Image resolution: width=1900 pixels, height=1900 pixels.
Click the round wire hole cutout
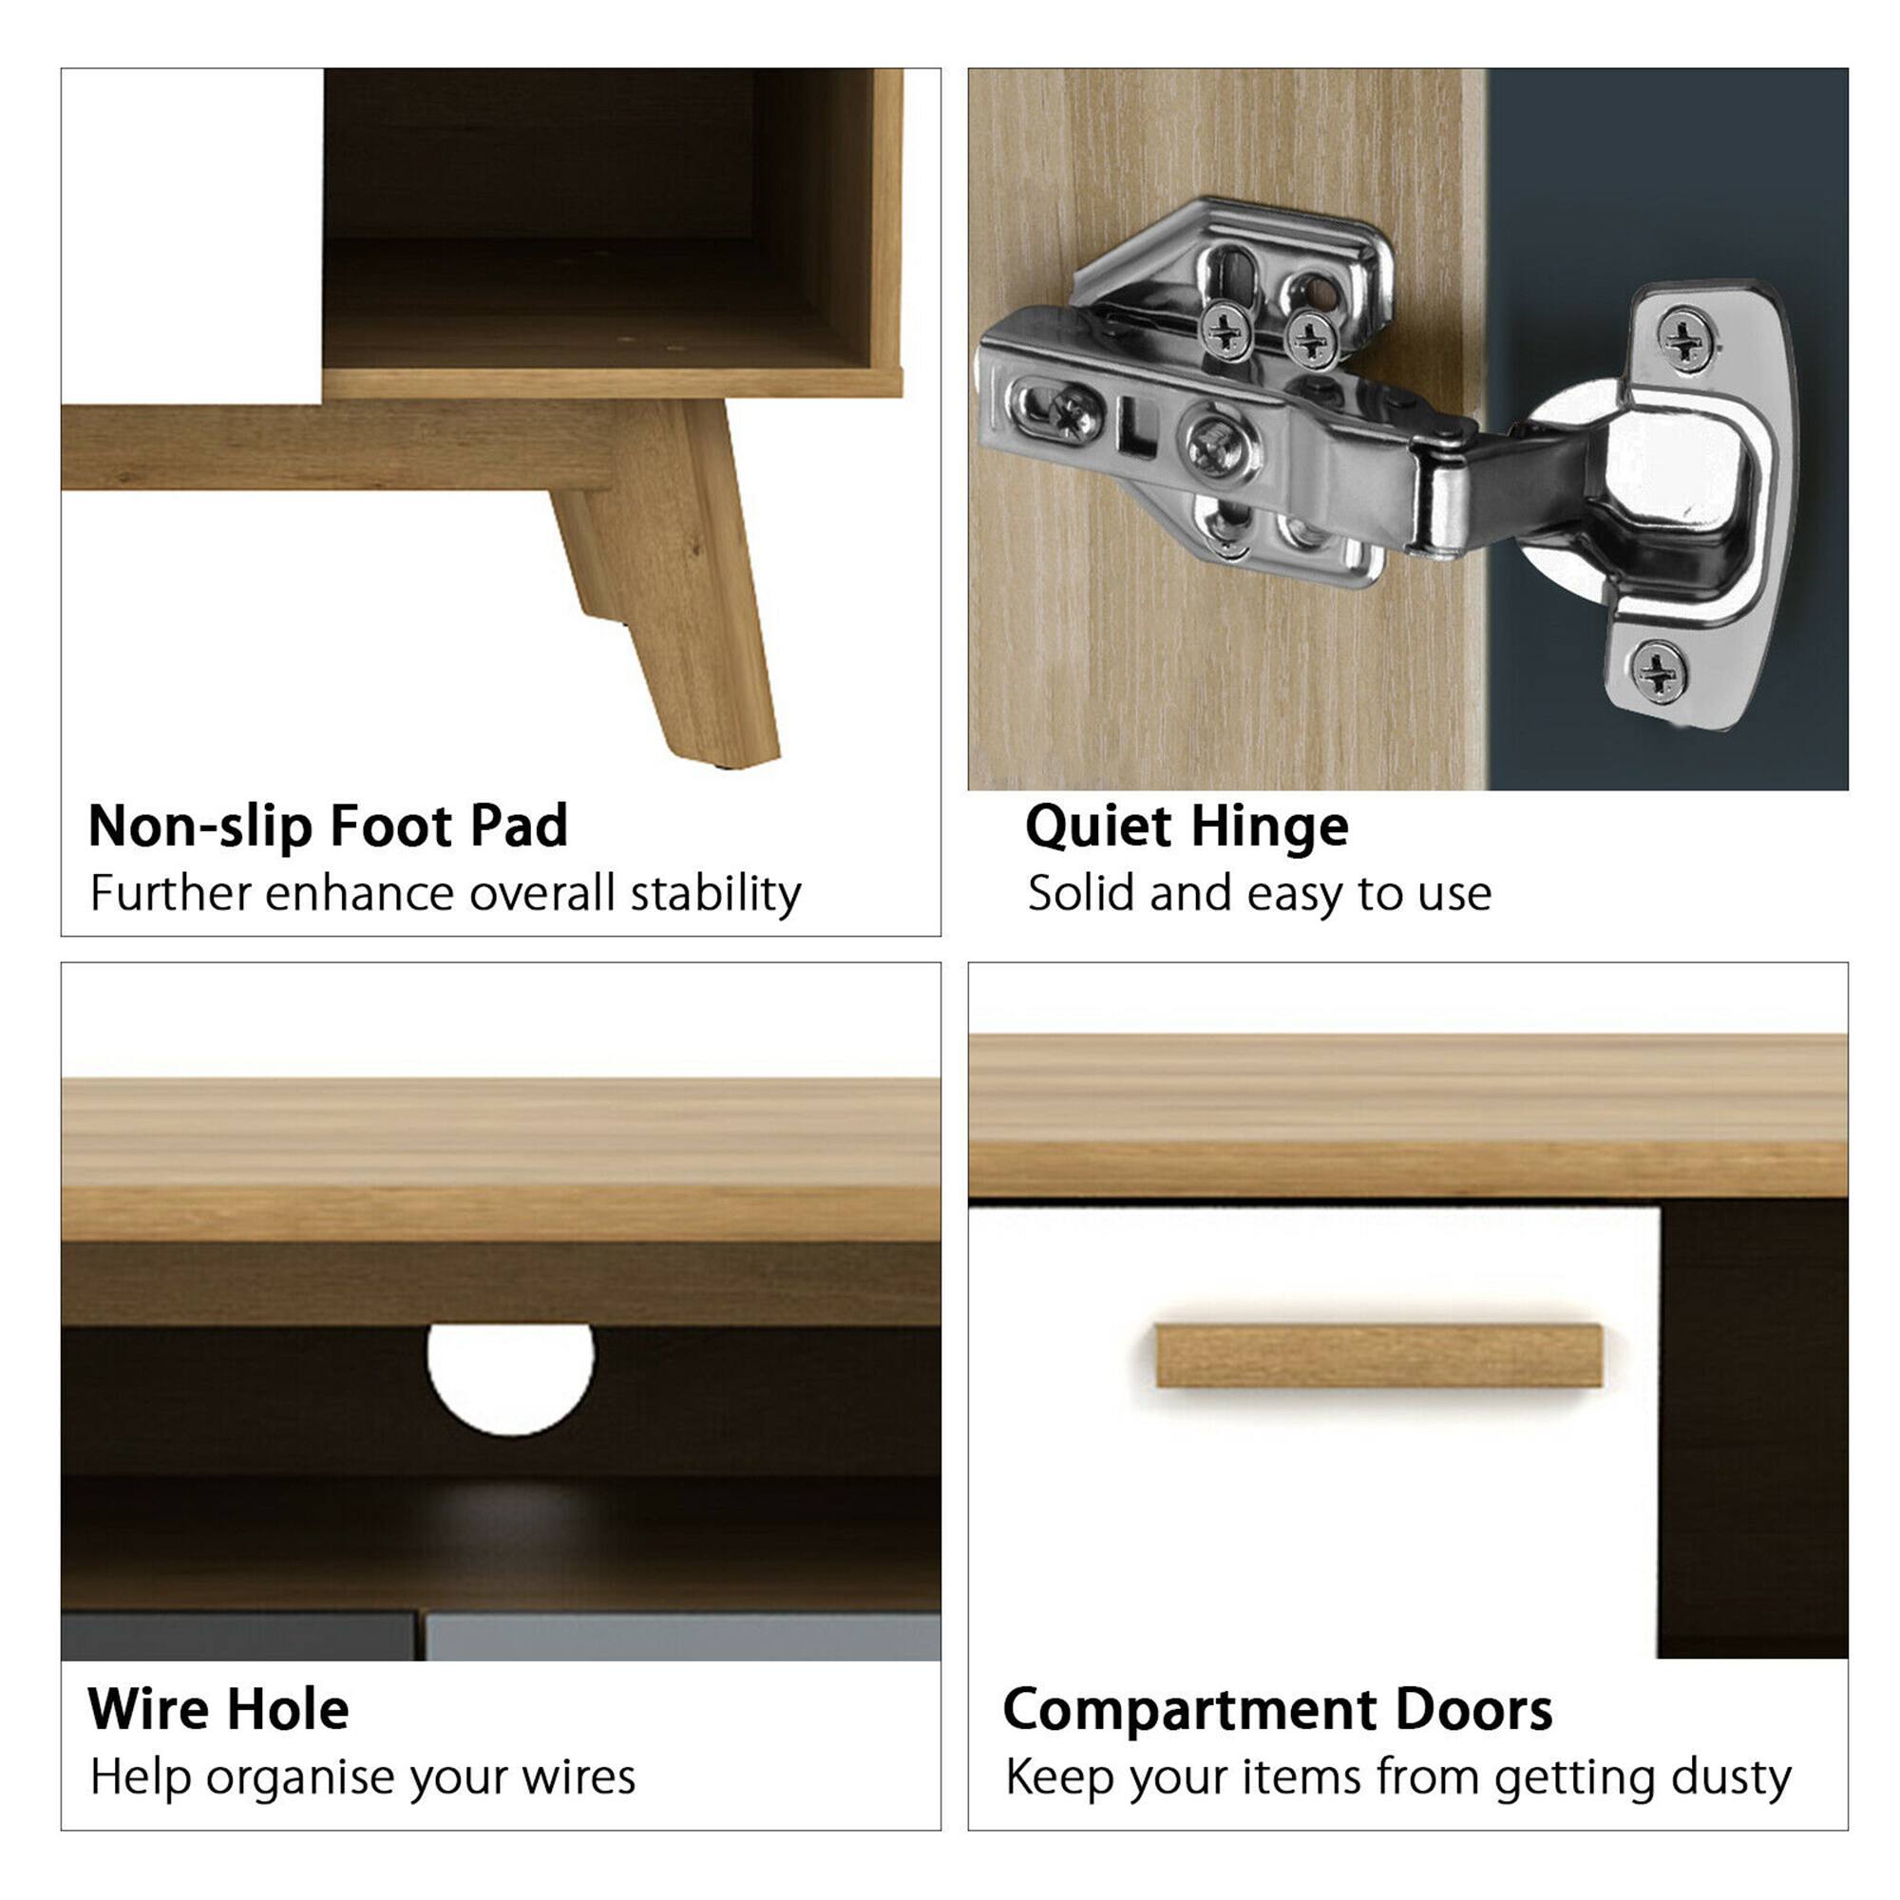point(510,1376)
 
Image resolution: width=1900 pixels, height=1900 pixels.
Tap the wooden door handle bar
point(1377,1357)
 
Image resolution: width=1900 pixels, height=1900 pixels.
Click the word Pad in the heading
point(520,826)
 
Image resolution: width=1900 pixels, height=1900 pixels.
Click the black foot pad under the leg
point(726,764)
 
